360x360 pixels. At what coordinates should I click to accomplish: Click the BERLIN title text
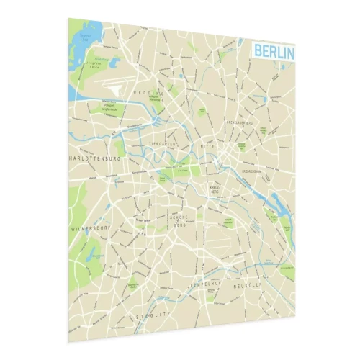pyautogui.click(x=274, y=51)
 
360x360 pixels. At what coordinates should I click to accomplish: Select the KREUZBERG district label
pyautogui.click(x=214, y=190)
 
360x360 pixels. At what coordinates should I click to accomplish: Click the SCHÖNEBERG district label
pyautogui.click(x=178, y=219)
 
